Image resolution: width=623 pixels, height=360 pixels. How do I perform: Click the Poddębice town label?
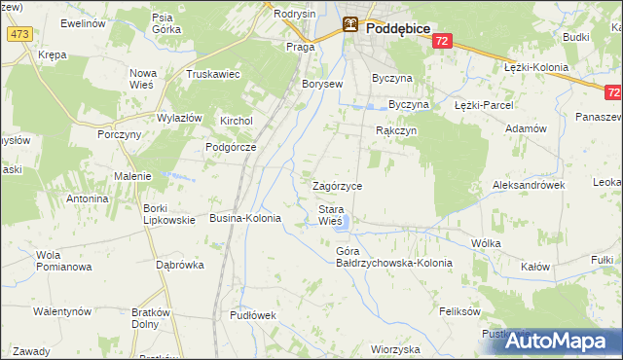coord(399,29)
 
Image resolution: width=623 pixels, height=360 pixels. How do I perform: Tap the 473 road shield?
coord(18,34)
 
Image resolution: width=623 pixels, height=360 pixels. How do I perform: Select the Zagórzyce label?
coord(337,185)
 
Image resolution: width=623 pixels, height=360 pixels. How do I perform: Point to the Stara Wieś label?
coord(331,215)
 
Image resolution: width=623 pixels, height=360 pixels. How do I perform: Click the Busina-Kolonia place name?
coord(245,219)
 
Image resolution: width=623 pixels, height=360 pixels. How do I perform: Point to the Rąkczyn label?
coord(396,129)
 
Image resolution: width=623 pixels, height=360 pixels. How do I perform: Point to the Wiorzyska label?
coord(394,348)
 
